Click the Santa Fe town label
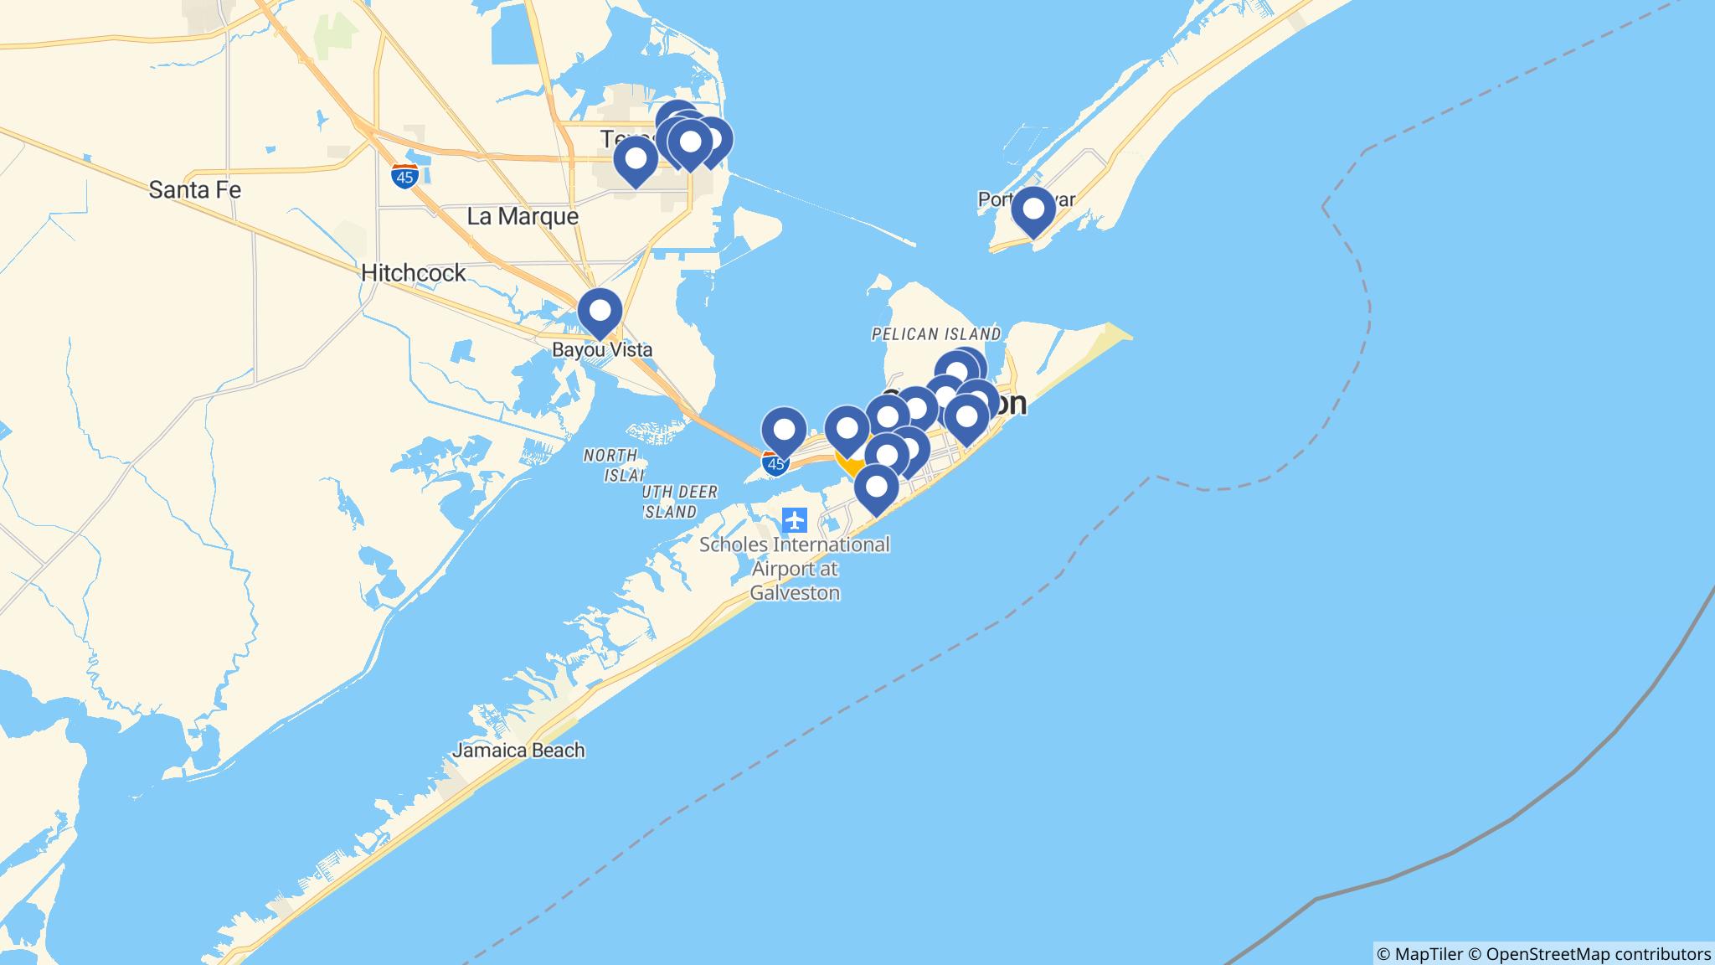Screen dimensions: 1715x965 click(194, 190)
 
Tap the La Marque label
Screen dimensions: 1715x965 click(523, 217)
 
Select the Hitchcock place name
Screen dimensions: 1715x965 click(413, 273)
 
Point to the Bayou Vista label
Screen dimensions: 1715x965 click(601, 350)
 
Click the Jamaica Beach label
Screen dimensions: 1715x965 click(518, 751)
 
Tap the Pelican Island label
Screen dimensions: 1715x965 click(935, 334)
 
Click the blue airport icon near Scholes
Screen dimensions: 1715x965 click(794, 520)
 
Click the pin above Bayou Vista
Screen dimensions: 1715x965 click(600, 312)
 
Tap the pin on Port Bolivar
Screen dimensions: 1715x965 click(1033, 210)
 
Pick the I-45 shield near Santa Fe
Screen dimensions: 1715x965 click(404, 177)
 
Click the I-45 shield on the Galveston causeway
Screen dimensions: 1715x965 click(775, 463)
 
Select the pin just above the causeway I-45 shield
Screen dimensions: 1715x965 click(784, 431)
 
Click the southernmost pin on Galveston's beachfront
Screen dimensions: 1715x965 click(876, 488)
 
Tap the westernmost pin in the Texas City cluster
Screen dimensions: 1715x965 click(636, 159)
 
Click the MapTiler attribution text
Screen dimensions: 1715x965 click(1419, 953)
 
